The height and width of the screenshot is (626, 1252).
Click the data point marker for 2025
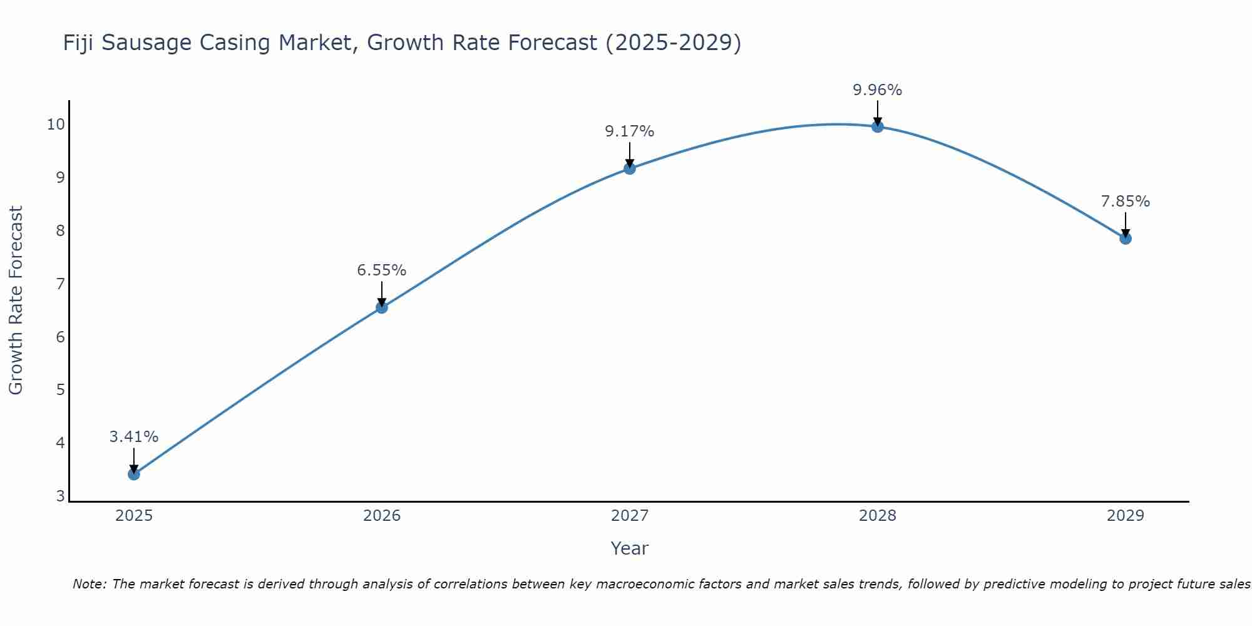[x=134, y=474]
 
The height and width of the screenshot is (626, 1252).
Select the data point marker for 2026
[x=382, y=307]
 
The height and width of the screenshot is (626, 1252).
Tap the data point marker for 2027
[x=630, y=168]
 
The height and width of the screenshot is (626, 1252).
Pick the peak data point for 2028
[x=878, y=126]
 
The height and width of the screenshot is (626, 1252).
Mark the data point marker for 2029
[x=1126, y=239]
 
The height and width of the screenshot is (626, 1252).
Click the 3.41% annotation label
[x=134, y=437]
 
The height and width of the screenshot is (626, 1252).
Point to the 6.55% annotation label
[x=382, y=270]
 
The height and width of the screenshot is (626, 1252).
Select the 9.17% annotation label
[x=630, y=131]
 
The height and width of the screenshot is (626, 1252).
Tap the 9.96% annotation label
[x=878, y=90]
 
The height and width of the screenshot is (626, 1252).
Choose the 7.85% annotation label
[x=1126, y=202]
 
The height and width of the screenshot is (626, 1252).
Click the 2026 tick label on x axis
[x=382, y=516]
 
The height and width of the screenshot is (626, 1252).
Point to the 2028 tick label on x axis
[x=878, y=516]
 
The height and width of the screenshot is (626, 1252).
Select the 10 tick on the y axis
[x=56, y=124]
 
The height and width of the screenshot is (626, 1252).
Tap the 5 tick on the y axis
[x=60, y=390]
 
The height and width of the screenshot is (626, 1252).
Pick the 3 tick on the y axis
[x=60, y=496]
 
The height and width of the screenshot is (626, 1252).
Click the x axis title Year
[x=630, y=548]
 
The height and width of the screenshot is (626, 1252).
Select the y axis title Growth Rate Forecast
[x=16, y=300]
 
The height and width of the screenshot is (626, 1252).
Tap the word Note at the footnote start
[x=90, y=584]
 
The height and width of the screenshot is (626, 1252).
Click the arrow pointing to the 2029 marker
[x=1126, y=225]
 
